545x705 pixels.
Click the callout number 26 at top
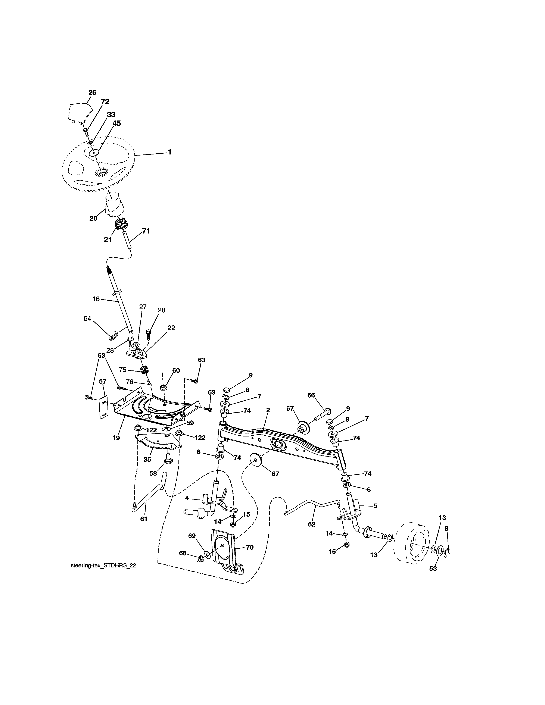[x=92, y=93]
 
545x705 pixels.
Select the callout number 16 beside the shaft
[x=96, y=299]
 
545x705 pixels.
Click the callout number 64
[x=87, y=319]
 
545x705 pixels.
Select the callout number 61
[x=144, y=519]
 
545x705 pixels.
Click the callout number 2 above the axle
[x=268, y=410]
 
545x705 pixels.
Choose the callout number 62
[x=312, y=524]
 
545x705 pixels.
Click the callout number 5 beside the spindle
[x=375, y=506]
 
